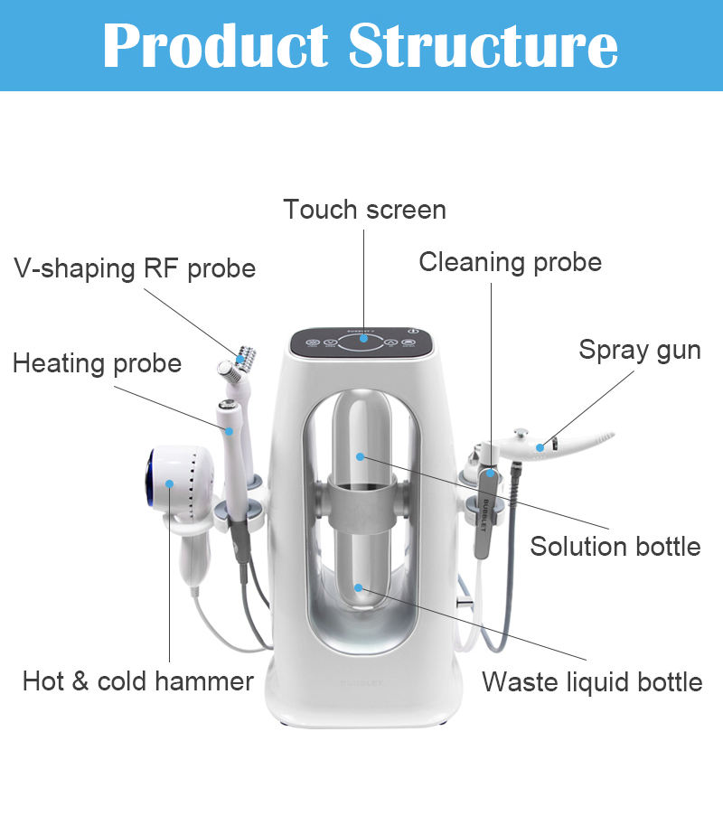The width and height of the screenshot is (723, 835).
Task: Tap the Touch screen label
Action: (364, 210)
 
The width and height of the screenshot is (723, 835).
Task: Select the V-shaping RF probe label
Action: (135, 268)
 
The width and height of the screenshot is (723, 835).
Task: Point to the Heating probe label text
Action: (97, 363)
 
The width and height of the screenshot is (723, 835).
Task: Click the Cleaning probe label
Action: (510, 262)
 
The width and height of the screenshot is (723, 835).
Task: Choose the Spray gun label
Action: (640, 350)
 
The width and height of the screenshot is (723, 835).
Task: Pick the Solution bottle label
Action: (615, 546)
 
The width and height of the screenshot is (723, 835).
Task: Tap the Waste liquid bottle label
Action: (592, 681)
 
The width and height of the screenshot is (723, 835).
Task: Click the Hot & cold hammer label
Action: (138, 680)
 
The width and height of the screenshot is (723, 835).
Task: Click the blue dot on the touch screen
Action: (364, 341)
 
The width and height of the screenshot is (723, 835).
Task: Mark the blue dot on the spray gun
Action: (540, 446)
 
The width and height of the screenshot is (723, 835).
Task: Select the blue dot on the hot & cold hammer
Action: (169, 484)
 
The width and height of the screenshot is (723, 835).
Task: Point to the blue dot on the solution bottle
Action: (359, 455)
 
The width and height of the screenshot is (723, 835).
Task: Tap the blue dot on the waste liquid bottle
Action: (359, 588)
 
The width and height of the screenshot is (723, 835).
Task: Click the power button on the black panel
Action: (413, 332)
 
